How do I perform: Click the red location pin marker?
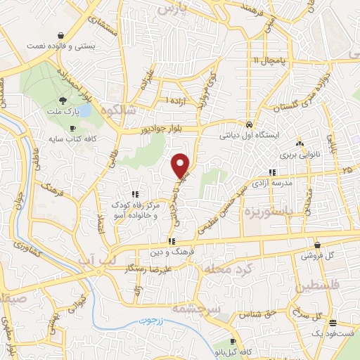tap(181, 165)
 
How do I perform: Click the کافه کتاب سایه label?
tap(77, 139)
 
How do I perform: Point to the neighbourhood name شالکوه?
tap(117, 111)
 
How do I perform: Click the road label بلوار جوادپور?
tap(146, 130)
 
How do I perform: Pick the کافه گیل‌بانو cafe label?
tap(235, 350)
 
